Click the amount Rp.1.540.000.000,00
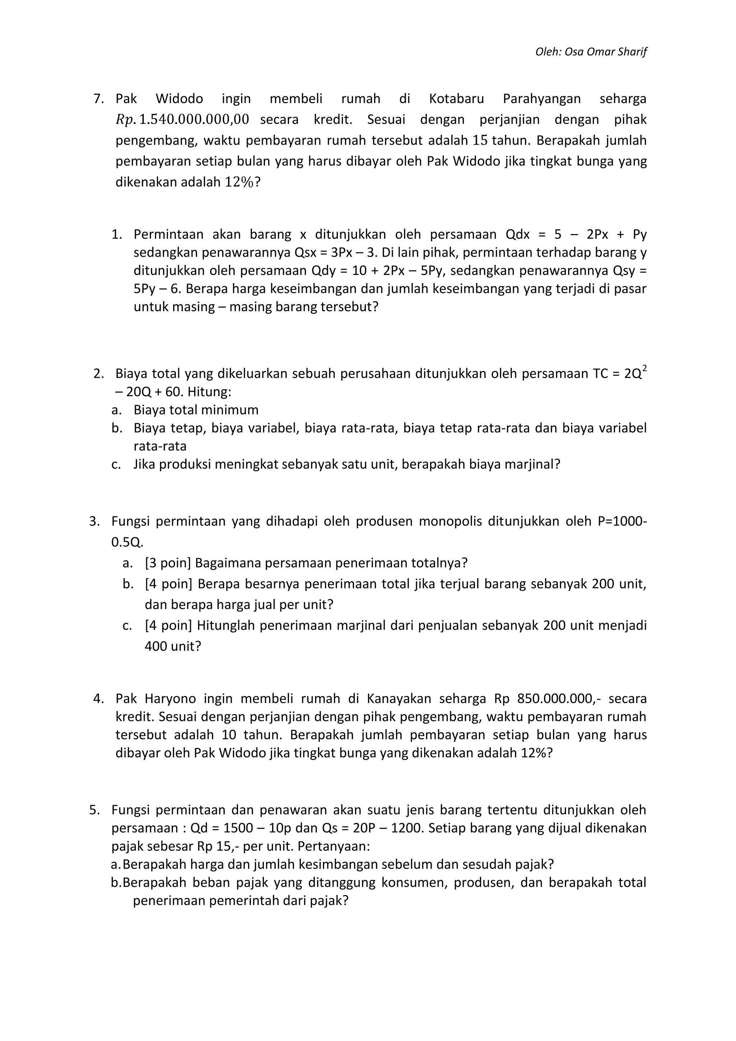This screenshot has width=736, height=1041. pos(182,120)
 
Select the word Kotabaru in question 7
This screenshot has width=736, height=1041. pos(456,99)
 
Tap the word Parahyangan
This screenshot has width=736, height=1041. pos(542,99)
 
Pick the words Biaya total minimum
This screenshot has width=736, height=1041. pos(196,410)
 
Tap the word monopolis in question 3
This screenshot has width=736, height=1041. pos(450,522)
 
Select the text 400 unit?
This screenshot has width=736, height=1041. pos(172,646)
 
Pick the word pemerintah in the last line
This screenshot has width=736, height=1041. pos(242,901)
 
